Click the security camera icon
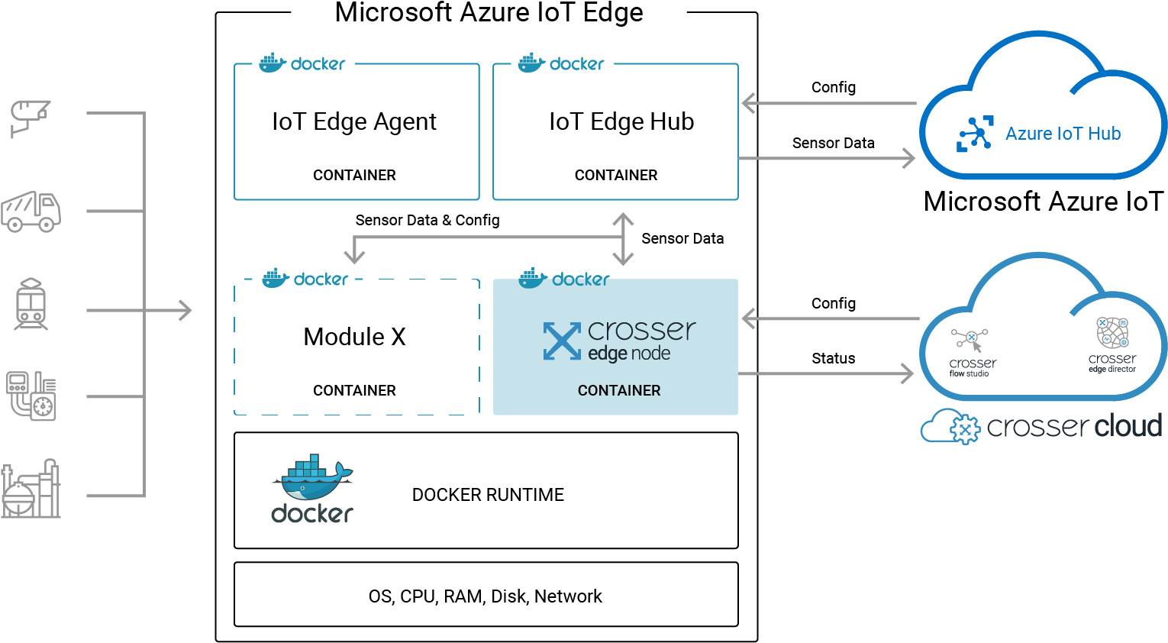click(31, 118)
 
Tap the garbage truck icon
click(31, 212)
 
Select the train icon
click(31, 304)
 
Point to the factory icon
click(31, 489)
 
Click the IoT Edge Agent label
click(354, 122)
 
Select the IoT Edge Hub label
click(621, 122)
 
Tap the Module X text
click(354, 337)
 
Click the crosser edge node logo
click(619, 340)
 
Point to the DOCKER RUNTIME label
click(488, 495)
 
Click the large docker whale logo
click(312, 488)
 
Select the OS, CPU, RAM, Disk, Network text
click(485, 596)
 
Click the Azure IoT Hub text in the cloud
click(1063, 134)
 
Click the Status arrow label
click(833, 358)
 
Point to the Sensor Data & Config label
click(428, 220)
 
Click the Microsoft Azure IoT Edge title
click(489, 12)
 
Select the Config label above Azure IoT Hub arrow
click(833, 88)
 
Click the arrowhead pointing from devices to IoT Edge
click(186, 310)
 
